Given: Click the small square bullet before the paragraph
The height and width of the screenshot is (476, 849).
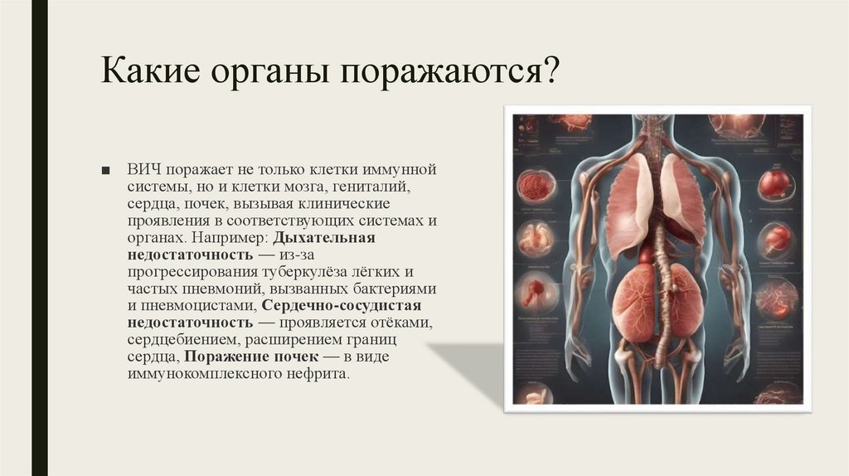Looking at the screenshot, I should (105, 171).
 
